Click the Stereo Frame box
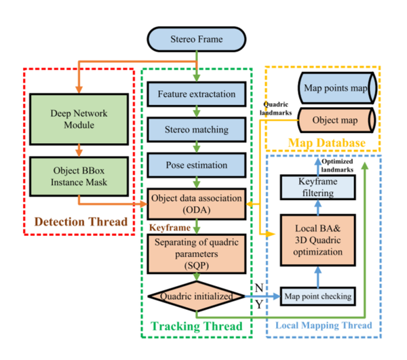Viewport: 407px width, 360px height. [195, 39]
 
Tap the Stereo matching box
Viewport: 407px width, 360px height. [195, 128]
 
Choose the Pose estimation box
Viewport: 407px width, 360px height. [195, 165]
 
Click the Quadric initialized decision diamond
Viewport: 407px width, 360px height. [195, 297]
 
